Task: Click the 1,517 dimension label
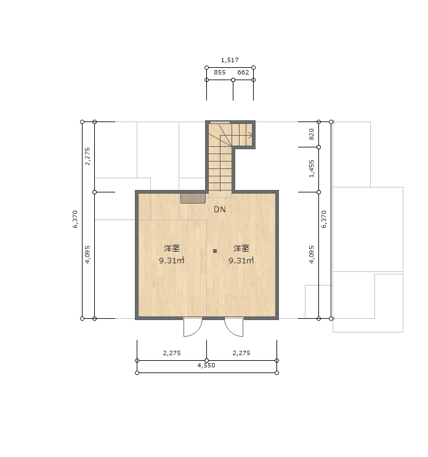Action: click(230, 60)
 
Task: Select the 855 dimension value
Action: click(220, 72)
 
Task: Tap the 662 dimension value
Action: click(243, 72)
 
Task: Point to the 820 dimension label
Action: click(312, 134)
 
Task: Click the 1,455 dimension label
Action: click(312, 169)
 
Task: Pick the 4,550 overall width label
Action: click(206, 366)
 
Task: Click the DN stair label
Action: click(220, 209)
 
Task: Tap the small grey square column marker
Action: click(215, 251)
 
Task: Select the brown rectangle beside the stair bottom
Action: click(193, 198)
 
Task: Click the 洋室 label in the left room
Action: click(172, 249)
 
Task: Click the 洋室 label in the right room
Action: click(241, 249)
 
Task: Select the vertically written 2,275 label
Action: click(87, 157)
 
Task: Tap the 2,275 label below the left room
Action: click(172, 353)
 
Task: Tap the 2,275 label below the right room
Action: click(241, 353)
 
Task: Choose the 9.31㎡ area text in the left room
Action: click(172, 260)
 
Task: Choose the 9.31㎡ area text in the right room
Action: click(241, 260)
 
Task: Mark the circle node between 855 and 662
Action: click(233, 80)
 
